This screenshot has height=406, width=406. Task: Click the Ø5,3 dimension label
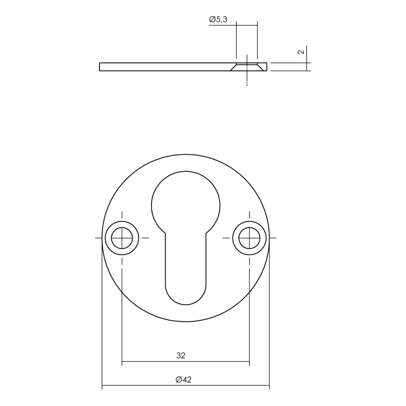pos(218,20)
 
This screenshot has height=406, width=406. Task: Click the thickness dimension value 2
pos(302,52)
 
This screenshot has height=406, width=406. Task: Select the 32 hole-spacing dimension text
pos(181,356)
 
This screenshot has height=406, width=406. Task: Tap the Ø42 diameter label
pos(183,380)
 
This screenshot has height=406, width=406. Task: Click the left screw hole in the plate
pos(122,238)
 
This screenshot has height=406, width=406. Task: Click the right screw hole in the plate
pos(249,238)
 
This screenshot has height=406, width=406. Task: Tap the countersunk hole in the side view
pos(247,67)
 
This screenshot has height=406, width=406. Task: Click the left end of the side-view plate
pos(99,67)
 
